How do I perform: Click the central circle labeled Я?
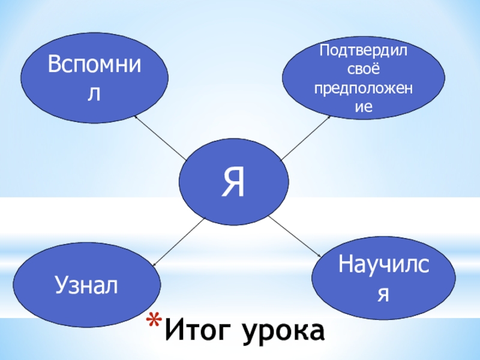point(235,181)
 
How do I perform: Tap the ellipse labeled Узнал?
point(87,285)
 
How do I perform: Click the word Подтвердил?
point(363,50)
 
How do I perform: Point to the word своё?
point(363,69)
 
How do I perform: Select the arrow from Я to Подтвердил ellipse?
point(306,137)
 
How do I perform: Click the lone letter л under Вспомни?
point(93,94)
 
